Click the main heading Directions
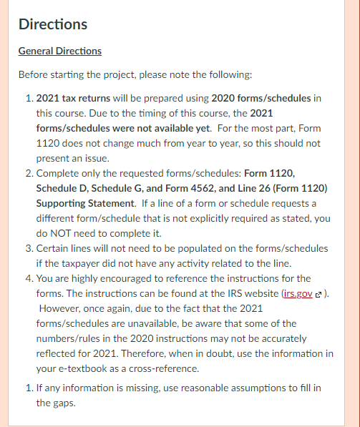(53, 24)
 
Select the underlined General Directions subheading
(59, 51)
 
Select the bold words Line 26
(255, 187)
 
